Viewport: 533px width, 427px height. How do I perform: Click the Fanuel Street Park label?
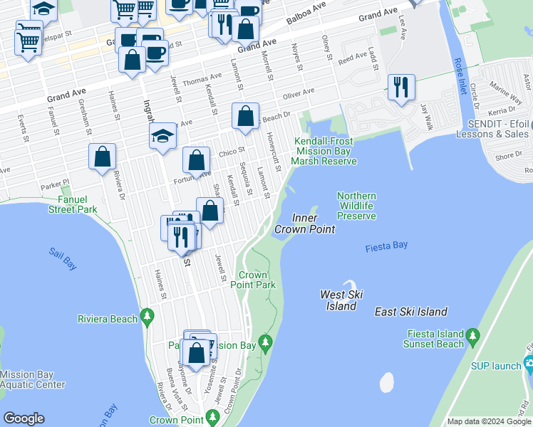[72, 205]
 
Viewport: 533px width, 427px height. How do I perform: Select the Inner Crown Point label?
[305, 223]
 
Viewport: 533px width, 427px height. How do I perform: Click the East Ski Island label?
[411, 312]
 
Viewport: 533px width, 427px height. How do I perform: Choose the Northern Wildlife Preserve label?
[356, 206]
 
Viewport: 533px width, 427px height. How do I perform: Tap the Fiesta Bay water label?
[386, 246]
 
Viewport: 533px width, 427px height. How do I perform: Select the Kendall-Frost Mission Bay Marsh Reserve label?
[325, 151]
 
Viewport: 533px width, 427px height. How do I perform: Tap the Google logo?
[24, 418]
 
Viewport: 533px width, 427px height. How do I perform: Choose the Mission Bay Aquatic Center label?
[32, 379]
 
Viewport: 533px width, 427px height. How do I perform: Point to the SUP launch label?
[496, 366]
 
